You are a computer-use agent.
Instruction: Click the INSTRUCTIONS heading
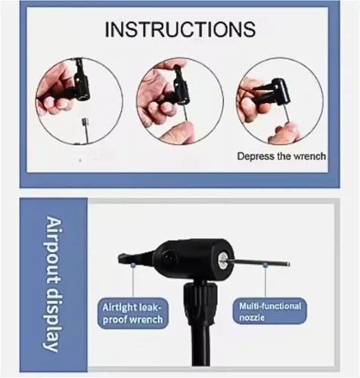(180, 29)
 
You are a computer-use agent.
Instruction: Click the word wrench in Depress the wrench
(310, 156)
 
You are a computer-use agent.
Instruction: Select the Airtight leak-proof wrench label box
(132, 313)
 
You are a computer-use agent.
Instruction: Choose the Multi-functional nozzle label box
(270, 311)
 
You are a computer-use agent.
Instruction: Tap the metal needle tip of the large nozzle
(287, 264)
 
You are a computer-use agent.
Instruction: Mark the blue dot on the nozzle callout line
(265, 265)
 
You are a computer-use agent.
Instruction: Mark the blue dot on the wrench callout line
(133, 265)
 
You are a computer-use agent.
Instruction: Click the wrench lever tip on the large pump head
(122, 257)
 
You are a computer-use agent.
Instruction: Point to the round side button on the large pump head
(169, 258)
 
